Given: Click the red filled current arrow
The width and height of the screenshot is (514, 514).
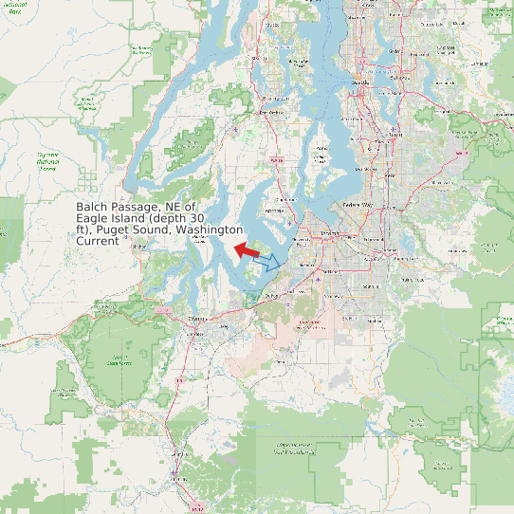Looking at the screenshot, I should pyautogui.click(x=247, y=249).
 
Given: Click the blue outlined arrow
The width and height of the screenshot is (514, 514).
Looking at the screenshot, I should pyautogui.click(x=269, y=262).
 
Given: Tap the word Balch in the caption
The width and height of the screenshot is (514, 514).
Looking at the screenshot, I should pyautogui.click(x=94, y=206).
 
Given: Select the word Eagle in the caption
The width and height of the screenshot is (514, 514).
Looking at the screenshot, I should pyautogui.click(x=93, y=218).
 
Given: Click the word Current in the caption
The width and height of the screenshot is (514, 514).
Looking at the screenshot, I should pyautogui.click(x=98, y=241).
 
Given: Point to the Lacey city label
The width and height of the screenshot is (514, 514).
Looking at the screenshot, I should pyautogui.click(x=224, y=327).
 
